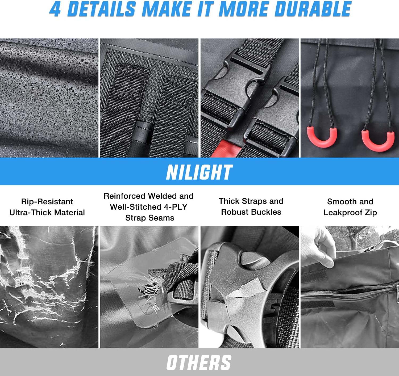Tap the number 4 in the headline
(x=55, y=9)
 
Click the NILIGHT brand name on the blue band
(x=199, y=172)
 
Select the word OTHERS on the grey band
(x=199, y=362)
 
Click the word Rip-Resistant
(x=47, y=201)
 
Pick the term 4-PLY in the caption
(x=175, y=207)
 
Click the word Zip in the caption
(x=371, y=213)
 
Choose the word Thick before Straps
(x=229, y=201)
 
